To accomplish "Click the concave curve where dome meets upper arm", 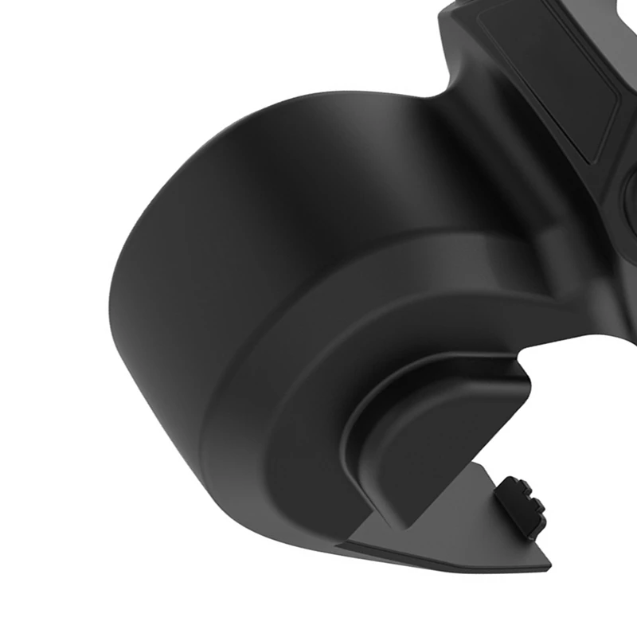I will (x=434, y=104).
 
